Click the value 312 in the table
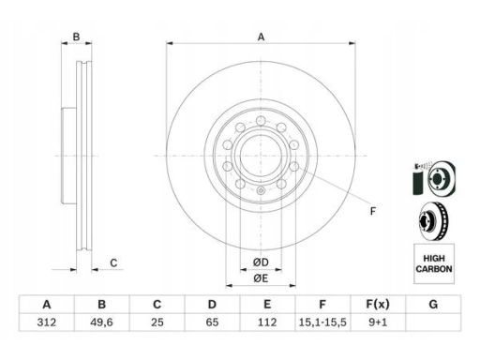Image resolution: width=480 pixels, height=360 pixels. click(x=47, y=322)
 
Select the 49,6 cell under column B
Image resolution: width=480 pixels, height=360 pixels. click(x=101, y=322)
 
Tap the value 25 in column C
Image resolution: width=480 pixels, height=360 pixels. click(x=157, y=322)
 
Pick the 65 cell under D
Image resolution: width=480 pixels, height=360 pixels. click(x=212, y=322)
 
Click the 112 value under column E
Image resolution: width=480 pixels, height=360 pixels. click(x=267, y=322)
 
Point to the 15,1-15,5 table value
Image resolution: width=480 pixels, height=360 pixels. click(x=322, y=322)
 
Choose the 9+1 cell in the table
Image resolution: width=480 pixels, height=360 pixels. click(x=378, y=322)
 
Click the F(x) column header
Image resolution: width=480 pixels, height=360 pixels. click(x=378, y=304)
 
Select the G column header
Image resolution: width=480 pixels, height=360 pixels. click(x=433, y=304)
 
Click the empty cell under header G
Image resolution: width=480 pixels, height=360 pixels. click(x=433, y=322)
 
